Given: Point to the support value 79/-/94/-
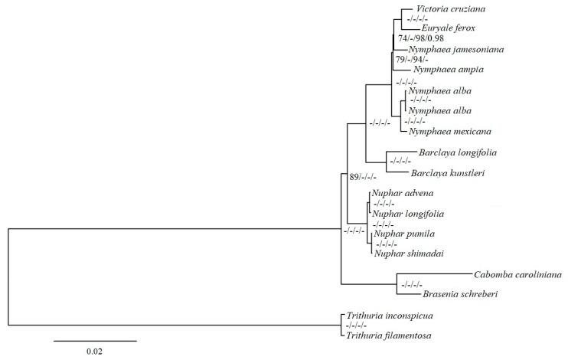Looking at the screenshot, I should click(x=416, y=59).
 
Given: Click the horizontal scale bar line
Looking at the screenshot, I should click(x=95, y=339).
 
